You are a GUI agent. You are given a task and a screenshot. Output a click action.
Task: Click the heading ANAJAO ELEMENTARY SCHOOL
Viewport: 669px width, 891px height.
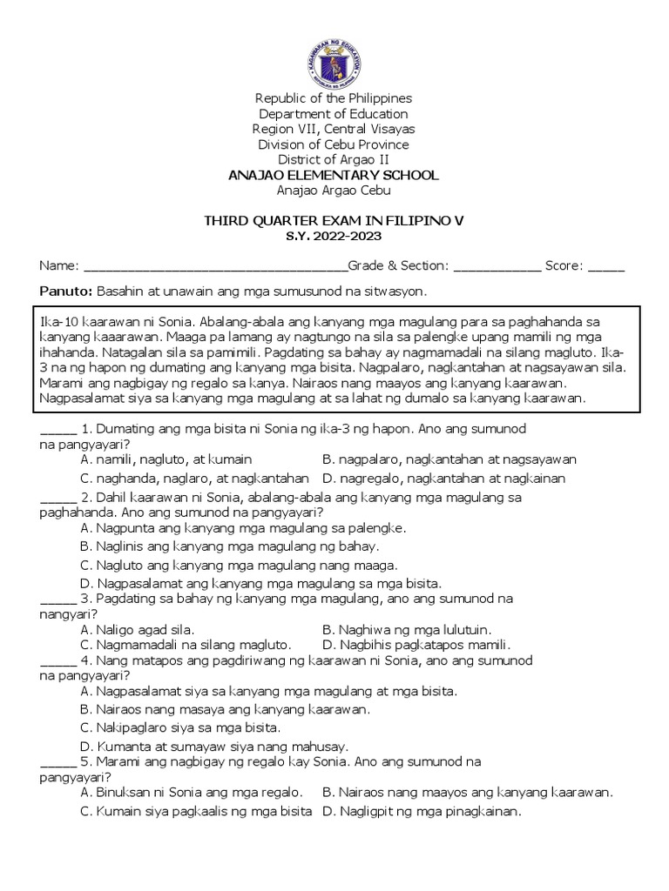[x=334, y=176]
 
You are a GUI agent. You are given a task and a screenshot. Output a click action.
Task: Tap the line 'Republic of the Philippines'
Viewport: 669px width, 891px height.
[x=334, y=98]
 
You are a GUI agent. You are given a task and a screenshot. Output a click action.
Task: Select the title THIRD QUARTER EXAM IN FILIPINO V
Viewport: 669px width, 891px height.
[x=334, y=221]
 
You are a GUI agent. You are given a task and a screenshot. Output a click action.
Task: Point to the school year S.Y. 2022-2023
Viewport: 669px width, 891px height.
[x=334, y=236]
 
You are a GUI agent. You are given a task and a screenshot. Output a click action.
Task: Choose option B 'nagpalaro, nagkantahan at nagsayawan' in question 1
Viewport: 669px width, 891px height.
[x=449, y=459]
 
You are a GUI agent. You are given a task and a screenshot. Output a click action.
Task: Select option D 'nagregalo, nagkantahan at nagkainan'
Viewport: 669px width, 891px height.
[x=443, y=479]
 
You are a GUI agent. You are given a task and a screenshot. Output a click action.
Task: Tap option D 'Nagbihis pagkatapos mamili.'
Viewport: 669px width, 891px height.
[x=416, y=645]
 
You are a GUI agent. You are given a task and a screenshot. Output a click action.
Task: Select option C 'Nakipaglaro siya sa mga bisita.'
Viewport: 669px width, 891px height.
[x=180, y=727]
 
